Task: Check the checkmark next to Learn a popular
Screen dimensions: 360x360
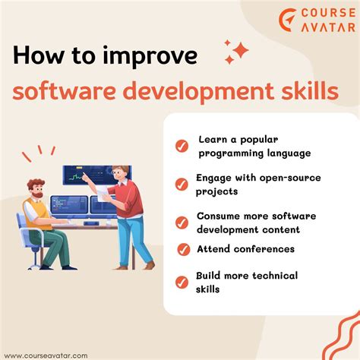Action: (182, 146)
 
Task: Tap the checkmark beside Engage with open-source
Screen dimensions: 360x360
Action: (182, 185)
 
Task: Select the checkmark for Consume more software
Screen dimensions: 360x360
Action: (182, 223)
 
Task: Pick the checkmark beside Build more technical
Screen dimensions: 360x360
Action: (182, 283)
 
